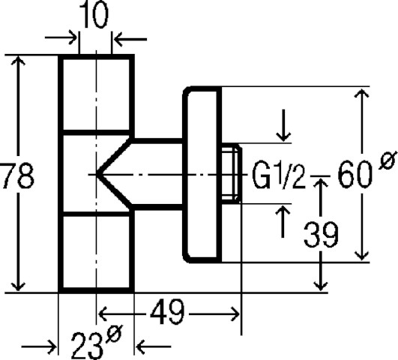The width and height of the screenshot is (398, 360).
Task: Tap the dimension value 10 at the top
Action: pyautogui.click(x=94, y=15)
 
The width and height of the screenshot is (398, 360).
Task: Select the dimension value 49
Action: pyautogui.click(x=166, y=312)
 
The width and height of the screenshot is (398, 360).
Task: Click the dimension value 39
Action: pyautogui.click(x=321, y=234)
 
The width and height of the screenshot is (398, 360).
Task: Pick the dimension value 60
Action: pyautogui.click(x=355, y=175)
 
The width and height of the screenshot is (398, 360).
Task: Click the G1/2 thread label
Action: pyautogui.click(x=279, y=175)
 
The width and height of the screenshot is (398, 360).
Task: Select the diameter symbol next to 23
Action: pyautogui.click(x=115, y=333)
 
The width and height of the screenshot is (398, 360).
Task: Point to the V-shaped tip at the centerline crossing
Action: pyautogui.click(x=97, y=174)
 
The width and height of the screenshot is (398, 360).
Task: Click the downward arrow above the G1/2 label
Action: pyautogui.click(x=283, y=125)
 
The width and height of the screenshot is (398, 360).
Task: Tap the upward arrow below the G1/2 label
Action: pyautogui.click(x=283, y=221)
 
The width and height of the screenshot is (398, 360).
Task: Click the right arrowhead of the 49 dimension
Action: pyautogui.click(x=235, y=314)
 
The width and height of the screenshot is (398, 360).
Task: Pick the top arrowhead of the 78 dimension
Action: pyautogui.click(x=18, y=61)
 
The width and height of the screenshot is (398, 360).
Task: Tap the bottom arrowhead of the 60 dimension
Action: pyautogui.click(x=361, y=255)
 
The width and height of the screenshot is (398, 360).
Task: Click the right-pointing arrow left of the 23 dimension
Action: pyautogui.click(x=38, y=346)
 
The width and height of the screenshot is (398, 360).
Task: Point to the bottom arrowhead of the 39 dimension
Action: pyautogui.click(x=321, y=286)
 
